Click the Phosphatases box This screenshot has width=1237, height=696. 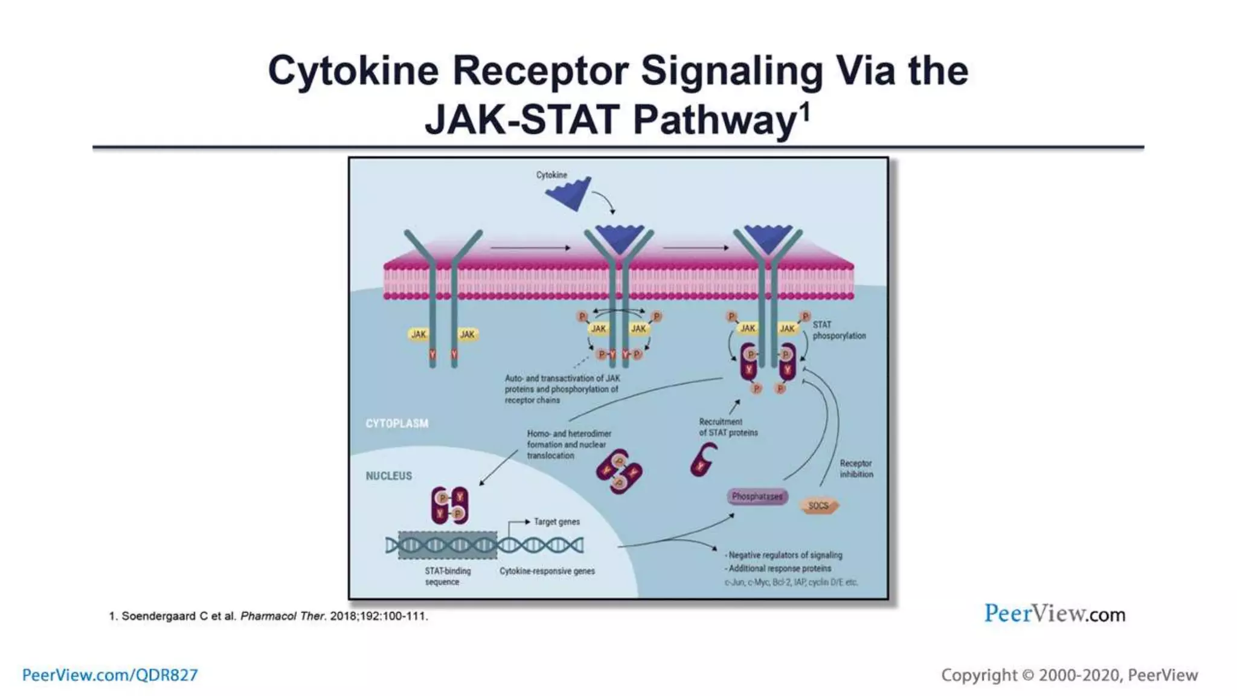coord(757,497)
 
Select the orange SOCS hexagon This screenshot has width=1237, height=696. coord(818,506)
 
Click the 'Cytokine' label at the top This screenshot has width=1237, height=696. coord(551,175)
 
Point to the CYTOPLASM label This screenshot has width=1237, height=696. coord(397,424)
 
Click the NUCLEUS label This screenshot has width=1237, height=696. coord(388,476)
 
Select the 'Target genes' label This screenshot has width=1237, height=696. coord(556,521)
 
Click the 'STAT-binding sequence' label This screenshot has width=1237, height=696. coord(447,576)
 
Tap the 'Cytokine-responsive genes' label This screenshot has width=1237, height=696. coord(547,571)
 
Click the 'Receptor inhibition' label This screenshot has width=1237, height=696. coord(856,469)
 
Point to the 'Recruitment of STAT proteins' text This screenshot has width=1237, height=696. coord(728,427)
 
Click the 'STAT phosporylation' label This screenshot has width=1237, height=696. coord(838,330)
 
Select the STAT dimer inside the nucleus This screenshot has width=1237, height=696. coord(449,505)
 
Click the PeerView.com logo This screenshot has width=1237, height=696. coord(1055,614)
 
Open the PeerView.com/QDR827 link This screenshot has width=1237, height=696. coord(110,675)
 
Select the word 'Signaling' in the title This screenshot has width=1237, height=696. coord(731,71)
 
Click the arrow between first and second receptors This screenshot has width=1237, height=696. coord(530,248)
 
